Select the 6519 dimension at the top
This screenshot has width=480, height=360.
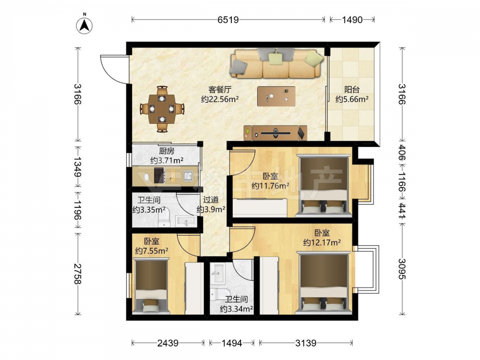click(228, 20)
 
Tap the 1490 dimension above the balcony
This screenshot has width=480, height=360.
click(352, 20)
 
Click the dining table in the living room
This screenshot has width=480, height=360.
click(162, 109)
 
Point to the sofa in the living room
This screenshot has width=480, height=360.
click(277, 63)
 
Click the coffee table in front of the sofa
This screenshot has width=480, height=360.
click(276, 96)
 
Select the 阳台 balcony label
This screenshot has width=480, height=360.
click(352, 90)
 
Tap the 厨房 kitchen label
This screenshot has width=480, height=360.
click(167, 151)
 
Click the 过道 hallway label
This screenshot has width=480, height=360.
click(211, 200)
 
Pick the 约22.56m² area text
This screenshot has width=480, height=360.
click(220, 99)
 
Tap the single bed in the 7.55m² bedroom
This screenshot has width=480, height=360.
click(151, 286)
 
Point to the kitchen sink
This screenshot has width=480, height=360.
click(187, 176)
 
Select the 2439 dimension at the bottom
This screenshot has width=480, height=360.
click(168, 343)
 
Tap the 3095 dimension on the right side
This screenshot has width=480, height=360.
click(402, 269)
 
